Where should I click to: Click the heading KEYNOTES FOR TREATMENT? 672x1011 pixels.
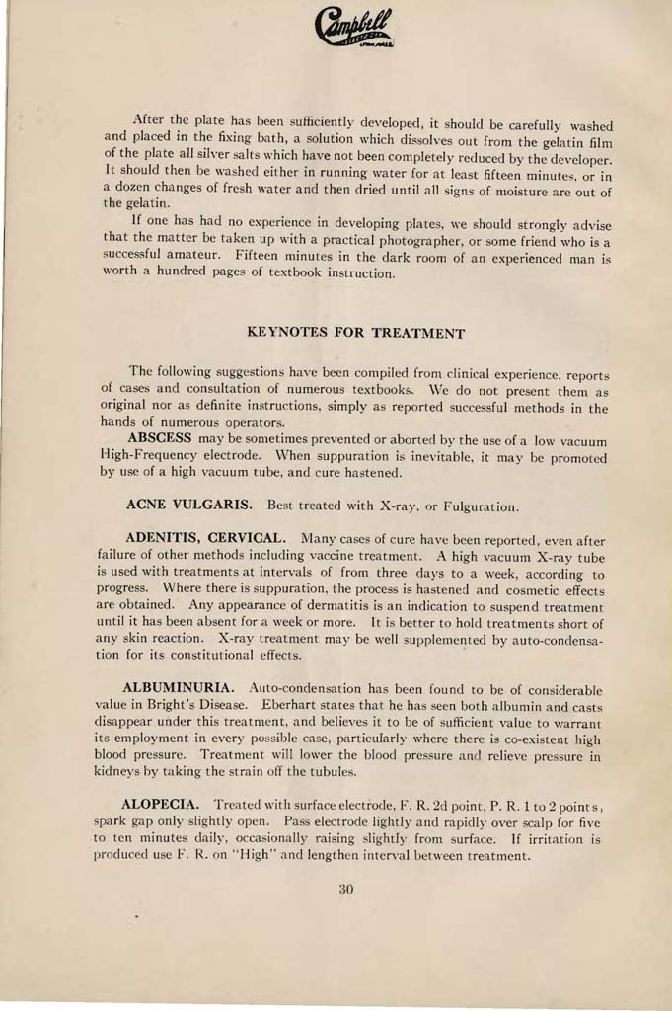(x=355, y=333)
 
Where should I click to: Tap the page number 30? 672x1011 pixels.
(x=345, y=889)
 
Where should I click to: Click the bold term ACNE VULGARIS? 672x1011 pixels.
(x=187, y=505)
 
